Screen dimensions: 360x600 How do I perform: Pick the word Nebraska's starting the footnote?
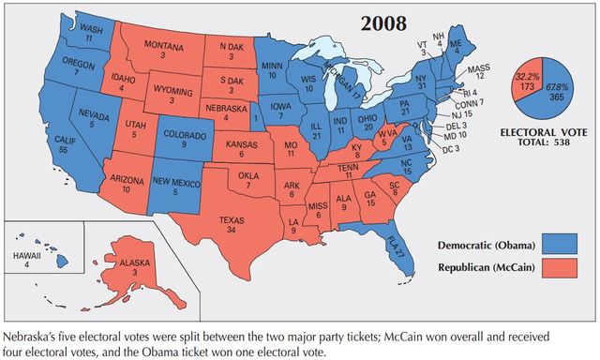click(x=31, y=335)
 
